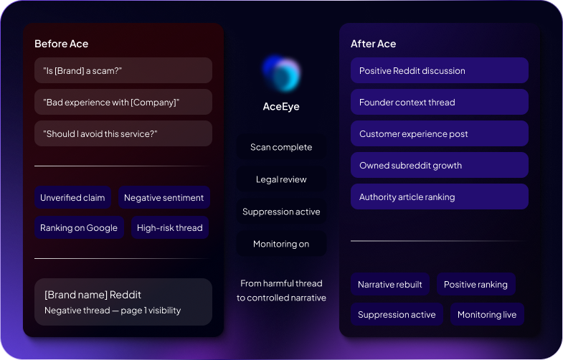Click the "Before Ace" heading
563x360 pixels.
[62, 44]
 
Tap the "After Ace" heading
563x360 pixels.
[374, 44]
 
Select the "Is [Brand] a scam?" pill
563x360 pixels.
[123, 70]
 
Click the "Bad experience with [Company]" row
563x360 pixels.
[123, 102]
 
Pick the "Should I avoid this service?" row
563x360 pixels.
[123, 133]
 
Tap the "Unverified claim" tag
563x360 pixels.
[72, 197]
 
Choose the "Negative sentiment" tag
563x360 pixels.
[164, 197]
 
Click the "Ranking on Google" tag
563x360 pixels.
[79, 227]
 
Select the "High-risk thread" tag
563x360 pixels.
[170, 227]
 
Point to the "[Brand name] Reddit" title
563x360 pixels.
[93, 295]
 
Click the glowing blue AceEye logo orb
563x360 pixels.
[281, 74]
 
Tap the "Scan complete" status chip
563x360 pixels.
[281, 147]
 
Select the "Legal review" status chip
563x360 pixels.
[281, 179]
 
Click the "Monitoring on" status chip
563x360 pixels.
[281, 244]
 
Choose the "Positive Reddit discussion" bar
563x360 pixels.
[440, 70]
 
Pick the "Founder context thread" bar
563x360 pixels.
[440, 102]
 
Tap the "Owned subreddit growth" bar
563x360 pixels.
[440, 165]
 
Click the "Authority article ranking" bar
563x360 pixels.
[440, 196]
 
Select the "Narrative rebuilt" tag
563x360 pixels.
[390, 284]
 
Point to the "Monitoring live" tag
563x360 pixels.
[487, 314]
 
